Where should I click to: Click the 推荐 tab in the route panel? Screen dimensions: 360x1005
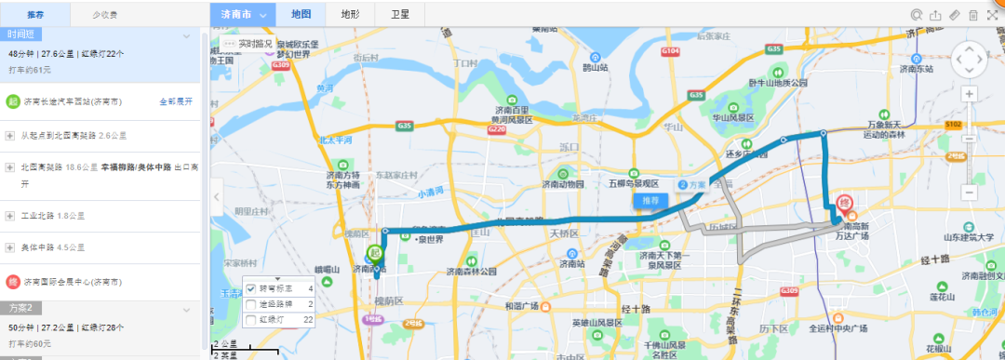[35, 15]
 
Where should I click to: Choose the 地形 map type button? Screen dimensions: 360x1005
[350, 15]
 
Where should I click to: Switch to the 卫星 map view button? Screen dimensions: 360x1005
[400, 15]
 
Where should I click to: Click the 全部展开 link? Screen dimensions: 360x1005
[176, 101]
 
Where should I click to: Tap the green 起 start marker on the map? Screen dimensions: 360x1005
[376, 254]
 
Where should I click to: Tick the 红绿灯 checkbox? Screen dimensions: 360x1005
[250, 320]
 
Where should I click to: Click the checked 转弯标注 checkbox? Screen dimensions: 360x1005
[250, 289]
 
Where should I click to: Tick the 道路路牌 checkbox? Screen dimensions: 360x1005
[250, 304]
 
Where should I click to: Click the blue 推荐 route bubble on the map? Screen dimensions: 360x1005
[651, 200]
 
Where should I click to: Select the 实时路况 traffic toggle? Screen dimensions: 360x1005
[248, 44]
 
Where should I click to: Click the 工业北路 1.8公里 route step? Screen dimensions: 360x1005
[53, 216]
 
